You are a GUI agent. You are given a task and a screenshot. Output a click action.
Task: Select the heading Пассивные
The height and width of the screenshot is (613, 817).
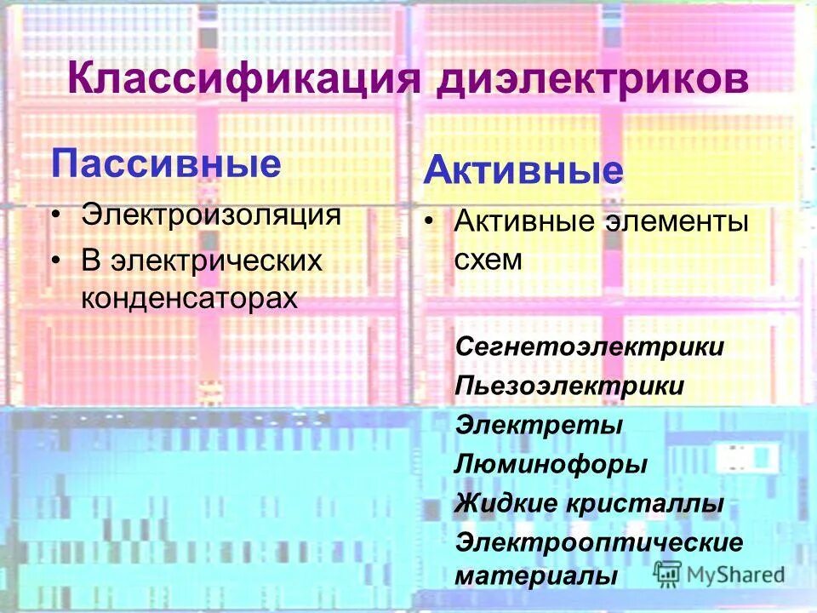[x=167, y=163]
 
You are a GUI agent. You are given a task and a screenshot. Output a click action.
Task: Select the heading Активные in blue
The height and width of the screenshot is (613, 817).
[x=523, y=173]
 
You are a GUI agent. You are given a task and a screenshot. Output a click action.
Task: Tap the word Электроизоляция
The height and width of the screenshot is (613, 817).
[x=211, y=213]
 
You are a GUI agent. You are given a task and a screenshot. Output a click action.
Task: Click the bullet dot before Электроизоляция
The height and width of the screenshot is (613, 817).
[x=56, y=213]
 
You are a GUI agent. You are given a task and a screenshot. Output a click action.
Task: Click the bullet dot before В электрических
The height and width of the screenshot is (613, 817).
[x=56, y=259]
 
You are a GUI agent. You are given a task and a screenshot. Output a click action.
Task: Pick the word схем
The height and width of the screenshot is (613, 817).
[x=487, y=260]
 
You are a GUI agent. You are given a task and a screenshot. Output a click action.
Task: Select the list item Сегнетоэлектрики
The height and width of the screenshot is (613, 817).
[x=590, y=347]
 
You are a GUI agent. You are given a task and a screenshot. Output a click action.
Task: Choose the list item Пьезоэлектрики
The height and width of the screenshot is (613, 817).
[x=569, y=386]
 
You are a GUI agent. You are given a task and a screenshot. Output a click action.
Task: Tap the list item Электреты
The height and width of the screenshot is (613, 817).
[x=539, y=424]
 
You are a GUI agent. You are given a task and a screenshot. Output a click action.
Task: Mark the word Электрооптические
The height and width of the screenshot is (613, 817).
[x=599, y=541]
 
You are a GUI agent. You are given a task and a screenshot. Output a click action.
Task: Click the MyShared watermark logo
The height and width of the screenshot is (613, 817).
[x=719, y=573]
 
